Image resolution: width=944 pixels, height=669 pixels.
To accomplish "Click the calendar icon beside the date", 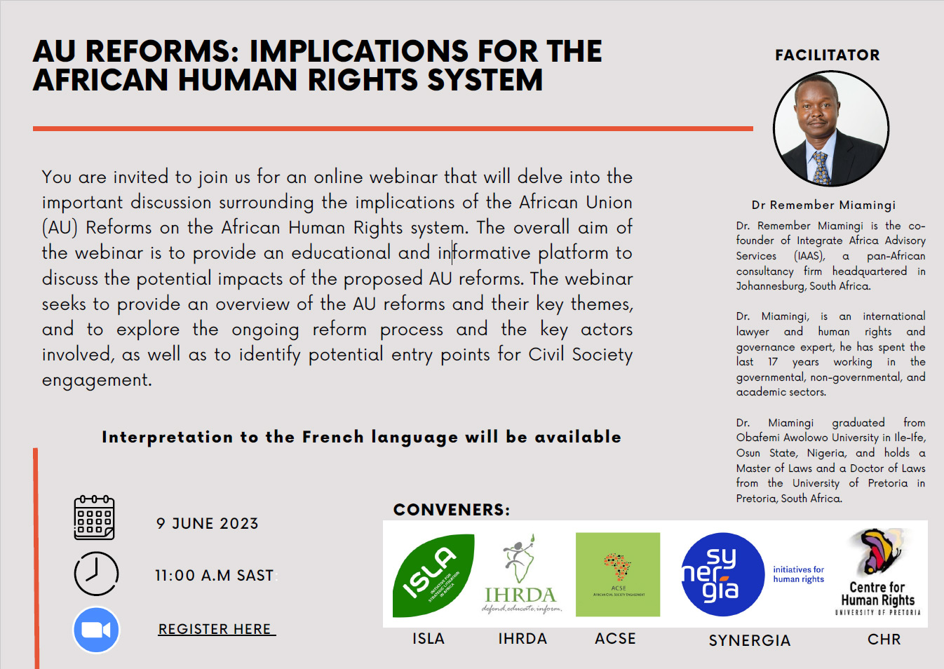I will pos(94,518).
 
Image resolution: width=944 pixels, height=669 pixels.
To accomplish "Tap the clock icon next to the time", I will pos(96,574).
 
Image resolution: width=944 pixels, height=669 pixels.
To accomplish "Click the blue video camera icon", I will pos(96,630).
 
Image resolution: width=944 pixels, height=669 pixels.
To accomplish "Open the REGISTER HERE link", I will pos(216,629).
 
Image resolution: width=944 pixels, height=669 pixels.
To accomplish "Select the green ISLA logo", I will pos(433,574).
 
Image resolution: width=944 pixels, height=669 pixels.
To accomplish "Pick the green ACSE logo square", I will pos(617,574).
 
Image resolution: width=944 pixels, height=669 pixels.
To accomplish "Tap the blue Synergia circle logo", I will pos(722,574).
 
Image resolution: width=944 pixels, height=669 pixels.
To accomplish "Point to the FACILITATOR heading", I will pos(827,55).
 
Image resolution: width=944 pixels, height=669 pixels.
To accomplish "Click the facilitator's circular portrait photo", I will pos(830,129).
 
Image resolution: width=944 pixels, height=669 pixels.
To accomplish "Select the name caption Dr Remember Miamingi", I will pos(823,205).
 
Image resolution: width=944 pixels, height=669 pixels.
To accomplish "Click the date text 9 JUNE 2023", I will pos(207,523).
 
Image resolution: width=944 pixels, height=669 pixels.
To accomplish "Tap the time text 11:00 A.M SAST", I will pos(214,576).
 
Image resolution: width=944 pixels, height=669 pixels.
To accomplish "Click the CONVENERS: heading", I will pos(452,510).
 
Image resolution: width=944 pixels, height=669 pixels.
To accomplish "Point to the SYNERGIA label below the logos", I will pos(749,640).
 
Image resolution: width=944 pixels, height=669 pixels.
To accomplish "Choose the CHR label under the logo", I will pos(884,640).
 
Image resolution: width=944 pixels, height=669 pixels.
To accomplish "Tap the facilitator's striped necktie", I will pos(820,168).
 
